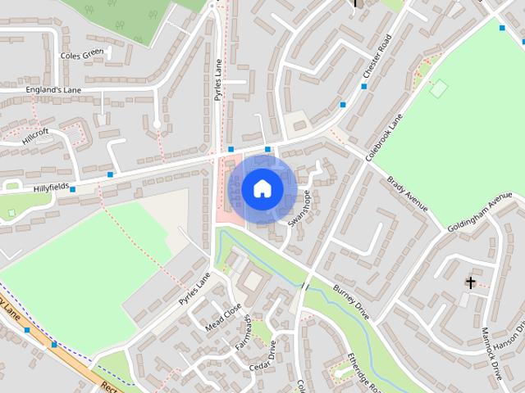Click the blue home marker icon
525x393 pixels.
pyautogui.click(x=261, y=188)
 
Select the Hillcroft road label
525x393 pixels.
pyautogui.click(x=36, y=136)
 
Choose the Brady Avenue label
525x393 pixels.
pyautogui.click(x=409, y=193)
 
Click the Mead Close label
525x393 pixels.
pyautogui.click(x=224, y=317)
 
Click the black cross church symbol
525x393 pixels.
pyautogui.click(x=470, y=282)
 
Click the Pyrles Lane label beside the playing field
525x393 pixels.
pyautogui.click(x=196, y=287)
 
